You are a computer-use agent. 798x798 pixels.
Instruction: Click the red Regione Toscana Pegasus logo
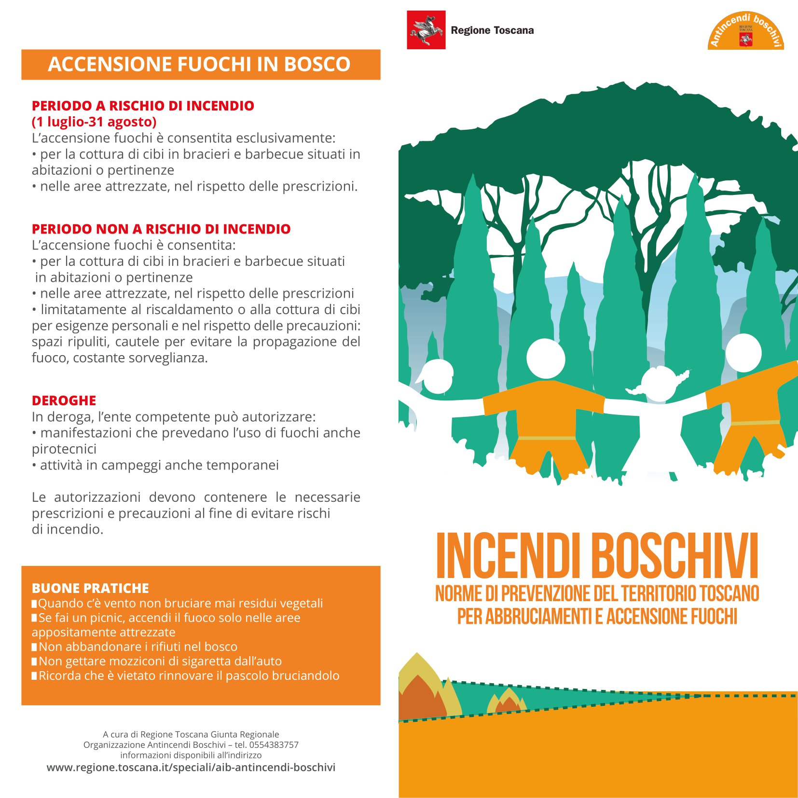point(426,29)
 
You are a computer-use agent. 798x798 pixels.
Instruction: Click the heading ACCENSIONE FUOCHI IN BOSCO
point(199,64)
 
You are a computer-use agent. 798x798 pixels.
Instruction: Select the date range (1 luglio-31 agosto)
point(94,122)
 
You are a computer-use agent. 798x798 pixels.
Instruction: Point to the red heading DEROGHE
point(64,400)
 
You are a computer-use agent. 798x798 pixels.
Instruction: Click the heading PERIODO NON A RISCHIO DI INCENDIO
point(161,229)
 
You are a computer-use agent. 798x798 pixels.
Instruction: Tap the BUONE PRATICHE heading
point(90,588)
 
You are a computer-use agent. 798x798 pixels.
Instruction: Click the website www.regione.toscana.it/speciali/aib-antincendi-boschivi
point(191,767)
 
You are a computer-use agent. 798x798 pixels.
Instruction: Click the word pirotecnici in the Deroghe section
point(64,449)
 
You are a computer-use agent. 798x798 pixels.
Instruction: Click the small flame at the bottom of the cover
point(507,702)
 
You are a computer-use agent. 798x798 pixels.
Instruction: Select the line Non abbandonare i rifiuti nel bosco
point(138,647)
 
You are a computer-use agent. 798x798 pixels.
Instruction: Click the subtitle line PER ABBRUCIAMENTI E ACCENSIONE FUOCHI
point(597,617)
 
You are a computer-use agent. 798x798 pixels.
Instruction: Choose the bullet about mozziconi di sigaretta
point(160,661)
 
